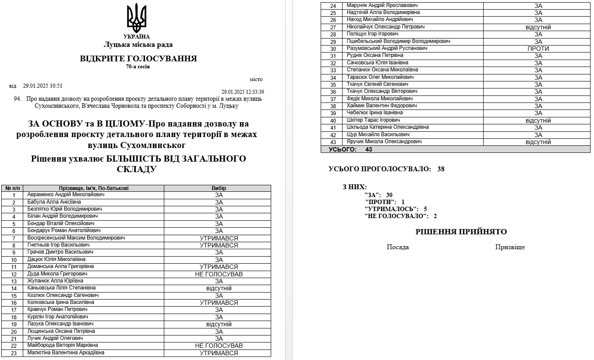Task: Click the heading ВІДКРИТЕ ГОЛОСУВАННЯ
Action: pos(138,59)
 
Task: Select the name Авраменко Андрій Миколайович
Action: pos(66,195)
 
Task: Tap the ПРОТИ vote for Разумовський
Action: pos(538,49)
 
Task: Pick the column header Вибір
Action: pos(219,188)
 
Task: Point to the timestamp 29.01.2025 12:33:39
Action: pos(242,92)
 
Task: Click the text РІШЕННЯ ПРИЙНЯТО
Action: pos(461,232)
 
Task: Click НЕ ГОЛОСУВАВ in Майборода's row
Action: pos(219,346)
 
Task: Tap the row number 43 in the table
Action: pos(333,142)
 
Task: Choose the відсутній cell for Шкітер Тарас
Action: pos(538,120)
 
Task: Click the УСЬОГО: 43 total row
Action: pos(350,149)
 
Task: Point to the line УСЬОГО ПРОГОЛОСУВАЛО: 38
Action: pos(386,169)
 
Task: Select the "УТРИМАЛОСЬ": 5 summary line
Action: pos(396,209)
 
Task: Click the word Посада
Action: pos(398,247)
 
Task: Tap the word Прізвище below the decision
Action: pos(510,247)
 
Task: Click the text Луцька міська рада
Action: pos(138,45)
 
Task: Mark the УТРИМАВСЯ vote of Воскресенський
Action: pos(219,238)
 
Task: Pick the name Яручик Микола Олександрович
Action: pos(384,142)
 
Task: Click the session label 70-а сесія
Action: pos(138,67)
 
